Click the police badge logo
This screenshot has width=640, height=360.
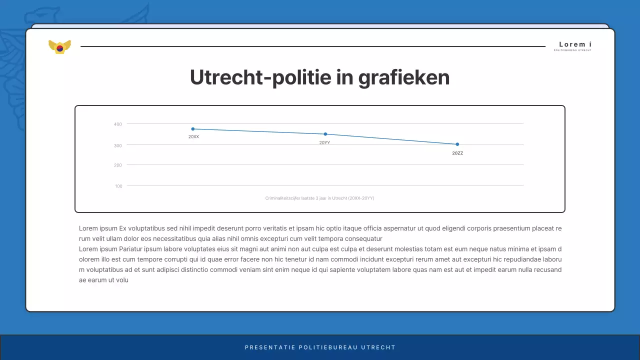pos(59,47)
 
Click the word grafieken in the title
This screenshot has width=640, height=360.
pos(404,77)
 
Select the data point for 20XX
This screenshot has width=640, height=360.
pos(193,129)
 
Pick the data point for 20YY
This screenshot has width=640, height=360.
pos(325,134)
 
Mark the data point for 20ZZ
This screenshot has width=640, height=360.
pos(457,144)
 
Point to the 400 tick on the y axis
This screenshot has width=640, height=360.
pos(118,124)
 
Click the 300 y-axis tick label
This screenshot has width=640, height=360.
pos(118,145)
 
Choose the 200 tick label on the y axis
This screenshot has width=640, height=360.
pos(118,165)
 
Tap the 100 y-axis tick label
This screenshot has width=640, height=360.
pos(118,186)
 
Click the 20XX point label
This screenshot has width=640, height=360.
pos(193,136)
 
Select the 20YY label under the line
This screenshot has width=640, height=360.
pos(324,142)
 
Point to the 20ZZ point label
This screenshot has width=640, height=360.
pos(457,153)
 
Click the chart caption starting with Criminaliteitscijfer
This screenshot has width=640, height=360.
pos(319,198)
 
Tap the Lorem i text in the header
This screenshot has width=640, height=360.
pos(575,44)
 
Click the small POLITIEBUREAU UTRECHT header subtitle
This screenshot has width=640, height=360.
pos(572,50)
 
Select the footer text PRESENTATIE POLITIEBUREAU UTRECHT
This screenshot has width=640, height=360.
pos(320,347)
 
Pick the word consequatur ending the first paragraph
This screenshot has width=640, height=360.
pos(360,239)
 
